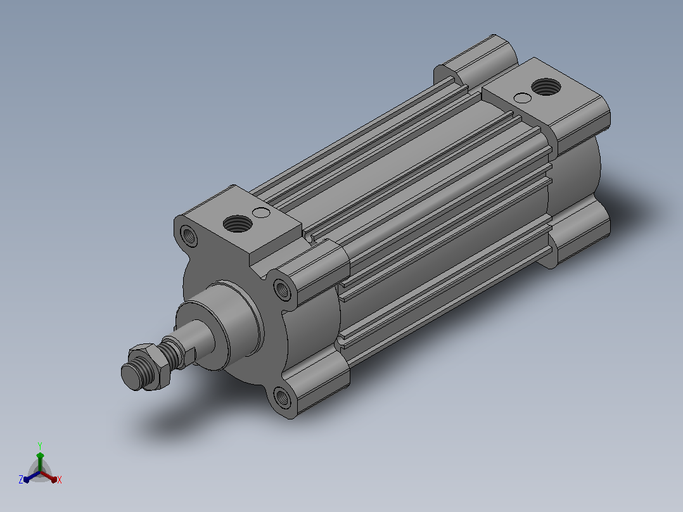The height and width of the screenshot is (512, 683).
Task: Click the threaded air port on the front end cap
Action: [238, 224]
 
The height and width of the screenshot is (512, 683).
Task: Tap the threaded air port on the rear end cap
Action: [546, 87]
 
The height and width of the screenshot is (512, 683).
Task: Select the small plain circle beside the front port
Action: [261, 213]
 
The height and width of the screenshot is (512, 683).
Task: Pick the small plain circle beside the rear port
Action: [523, 98]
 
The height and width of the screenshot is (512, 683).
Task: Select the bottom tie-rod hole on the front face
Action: [283, 397]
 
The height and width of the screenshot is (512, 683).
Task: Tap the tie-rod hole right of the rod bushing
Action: [283, 290]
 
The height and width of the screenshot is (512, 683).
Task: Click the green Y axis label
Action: [40, 445]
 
